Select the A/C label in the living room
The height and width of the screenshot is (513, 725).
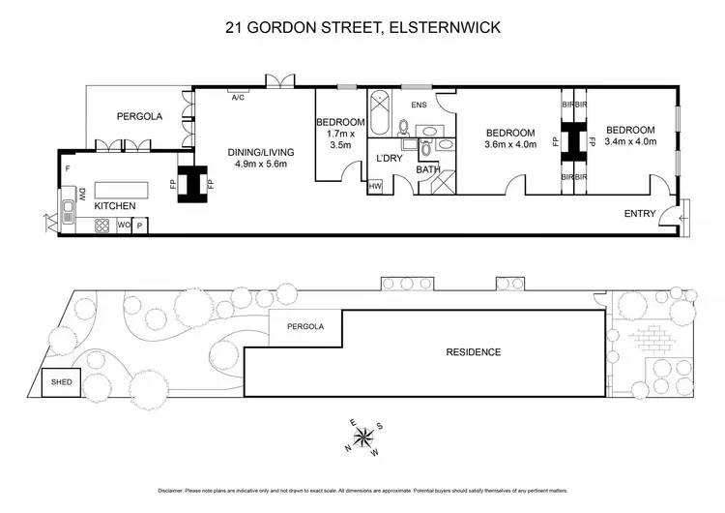pyautogui.click(x=237, y=97)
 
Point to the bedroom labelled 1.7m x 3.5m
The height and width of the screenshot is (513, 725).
pyautogui.click(x=340, y=134)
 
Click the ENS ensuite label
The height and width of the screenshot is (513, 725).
pyautogui.click(x=419, y=105)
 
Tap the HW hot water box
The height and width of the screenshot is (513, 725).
pyautogui.click(x=375, y=186)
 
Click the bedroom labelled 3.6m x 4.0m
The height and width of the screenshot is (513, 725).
pyautogui.click(x=509, y=137)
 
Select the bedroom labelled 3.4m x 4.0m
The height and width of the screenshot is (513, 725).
pyautogui.click(x=630, y=136)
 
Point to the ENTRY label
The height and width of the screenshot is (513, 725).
pyautogui.click(x=640, y=214)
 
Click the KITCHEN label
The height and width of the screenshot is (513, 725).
pyautogui.click(x=114, y=206)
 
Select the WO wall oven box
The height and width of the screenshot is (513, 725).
pyautogui.click(x=123, y=226)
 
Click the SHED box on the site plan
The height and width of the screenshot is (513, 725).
pyautogui.click(x=61, y=382)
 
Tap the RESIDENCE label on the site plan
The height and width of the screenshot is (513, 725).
pyautogui.click(x=473, y=352)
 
